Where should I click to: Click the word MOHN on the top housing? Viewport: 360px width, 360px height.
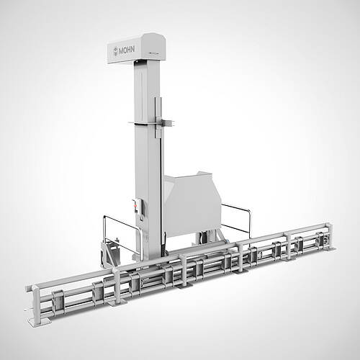127,50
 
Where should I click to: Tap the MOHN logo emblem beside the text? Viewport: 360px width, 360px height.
116,52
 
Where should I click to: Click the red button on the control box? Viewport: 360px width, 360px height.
135,206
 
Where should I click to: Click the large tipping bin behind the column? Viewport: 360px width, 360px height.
192,204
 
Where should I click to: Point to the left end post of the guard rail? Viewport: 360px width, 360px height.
36,303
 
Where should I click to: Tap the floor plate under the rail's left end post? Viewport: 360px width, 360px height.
39,322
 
